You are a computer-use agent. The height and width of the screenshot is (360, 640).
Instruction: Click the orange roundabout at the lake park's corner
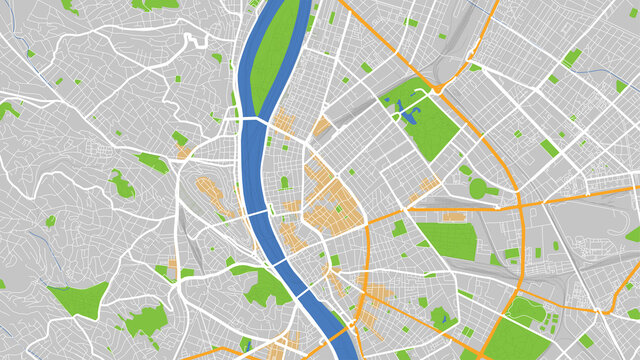[x=437, y=90]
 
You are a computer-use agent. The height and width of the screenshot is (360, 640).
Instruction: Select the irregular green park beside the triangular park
[x=145, y=321]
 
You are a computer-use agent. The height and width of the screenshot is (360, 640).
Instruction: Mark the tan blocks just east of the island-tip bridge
[x=283, y=123]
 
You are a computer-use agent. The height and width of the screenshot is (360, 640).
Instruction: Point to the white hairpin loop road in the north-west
[x=190, y=42]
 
